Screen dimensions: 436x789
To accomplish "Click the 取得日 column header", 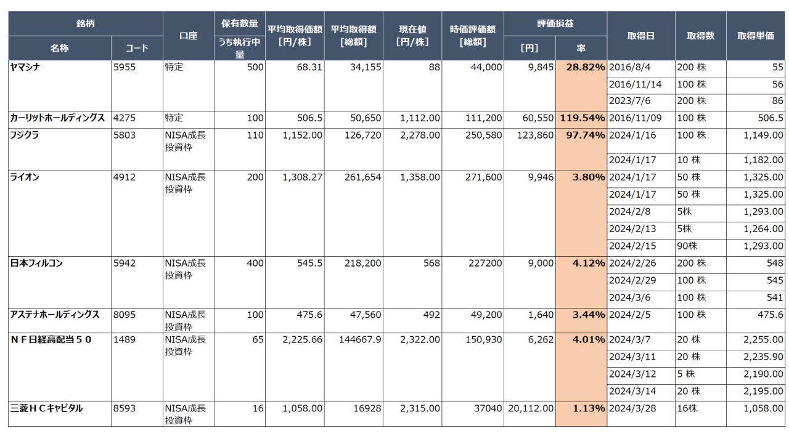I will point(641,36).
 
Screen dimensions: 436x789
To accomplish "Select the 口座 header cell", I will point(188,36).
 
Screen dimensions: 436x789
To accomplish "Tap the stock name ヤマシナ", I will point(26,67).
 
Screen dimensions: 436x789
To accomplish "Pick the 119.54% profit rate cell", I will point(582,118).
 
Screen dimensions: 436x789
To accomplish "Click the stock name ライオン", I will point(25,177).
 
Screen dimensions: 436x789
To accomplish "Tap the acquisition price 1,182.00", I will point(763,160).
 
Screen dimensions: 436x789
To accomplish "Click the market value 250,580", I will point(481,135).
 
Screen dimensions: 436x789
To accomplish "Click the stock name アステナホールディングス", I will point(55,315).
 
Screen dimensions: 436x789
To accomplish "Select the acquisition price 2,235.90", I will point(763,357).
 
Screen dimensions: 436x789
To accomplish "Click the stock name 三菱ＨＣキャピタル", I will point(46,408).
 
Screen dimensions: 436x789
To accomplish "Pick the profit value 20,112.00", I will point(530,408).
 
